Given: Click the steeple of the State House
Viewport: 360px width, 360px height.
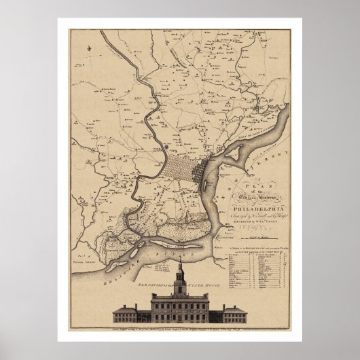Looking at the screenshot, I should (x=179, y=272).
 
